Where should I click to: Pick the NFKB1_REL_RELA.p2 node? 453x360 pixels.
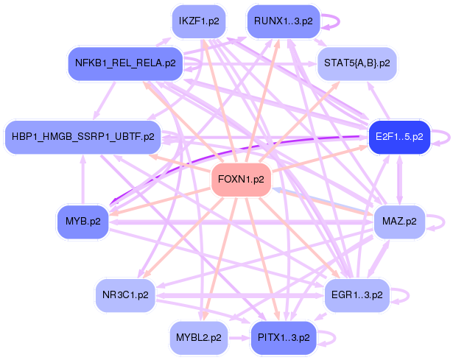[124, 63]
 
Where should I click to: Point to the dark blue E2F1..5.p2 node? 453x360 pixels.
[398, 136]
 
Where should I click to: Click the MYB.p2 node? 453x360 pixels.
[82, 221]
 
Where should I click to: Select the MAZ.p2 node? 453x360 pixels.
[398, 221]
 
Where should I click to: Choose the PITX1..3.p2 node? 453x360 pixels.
[283, 338]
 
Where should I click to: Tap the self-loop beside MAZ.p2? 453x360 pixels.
[440, 221]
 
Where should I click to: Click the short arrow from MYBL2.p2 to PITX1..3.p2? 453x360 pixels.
[236, 338]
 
